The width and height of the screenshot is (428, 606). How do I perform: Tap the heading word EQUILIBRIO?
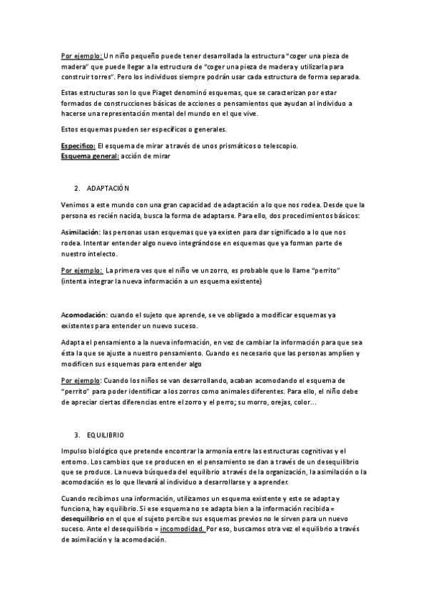click(x=106, y=434)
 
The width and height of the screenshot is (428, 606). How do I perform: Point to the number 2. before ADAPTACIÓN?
click(x=77, y=188)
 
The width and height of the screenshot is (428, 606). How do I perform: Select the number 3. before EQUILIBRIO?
click(x=77, y=434)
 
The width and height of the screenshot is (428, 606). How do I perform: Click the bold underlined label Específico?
click(x=78, y=146)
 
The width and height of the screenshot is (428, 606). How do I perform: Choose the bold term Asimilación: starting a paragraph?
click(x=81, y=233)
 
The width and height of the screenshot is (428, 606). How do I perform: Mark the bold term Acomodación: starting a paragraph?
click(x=84, y=315)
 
